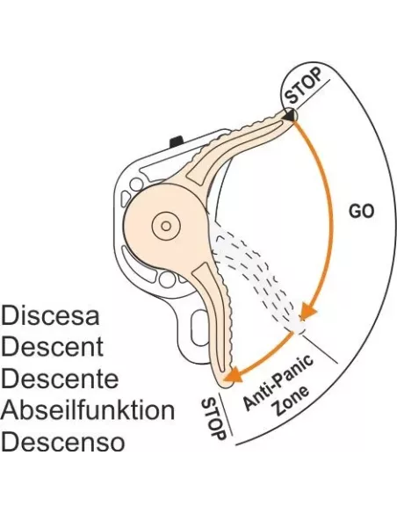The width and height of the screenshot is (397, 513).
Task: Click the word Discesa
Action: click(x=50, y=315)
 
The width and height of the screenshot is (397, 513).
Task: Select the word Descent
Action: click(x=53, y=346)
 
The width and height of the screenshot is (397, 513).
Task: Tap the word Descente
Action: click(x=60, y=379)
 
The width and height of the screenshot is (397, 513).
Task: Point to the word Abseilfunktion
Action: click(x=88, y=409)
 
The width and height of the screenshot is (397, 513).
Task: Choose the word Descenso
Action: click(x=62, y=441)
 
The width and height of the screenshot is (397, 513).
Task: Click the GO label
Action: click(x=361, y=212)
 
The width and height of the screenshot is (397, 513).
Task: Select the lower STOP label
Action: click(x=213, y=419)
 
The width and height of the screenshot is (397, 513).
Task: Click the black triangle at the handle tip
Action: click(x=289, y=115)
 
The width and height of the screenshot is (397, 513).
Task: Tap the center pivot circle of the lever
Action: click(x=166, y=226)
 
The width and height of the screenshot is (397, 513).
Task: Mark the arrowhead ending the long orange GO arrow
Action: click(x=307, y=311)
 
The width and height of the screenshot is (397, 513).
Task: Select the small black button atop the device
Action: click(x=177, y=141)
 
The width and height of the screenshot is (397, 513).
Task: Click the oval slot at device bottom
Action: click(x=198, y=327)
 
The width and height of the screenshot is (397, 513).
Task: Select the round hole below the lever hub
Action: click(x=167, y=279)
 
